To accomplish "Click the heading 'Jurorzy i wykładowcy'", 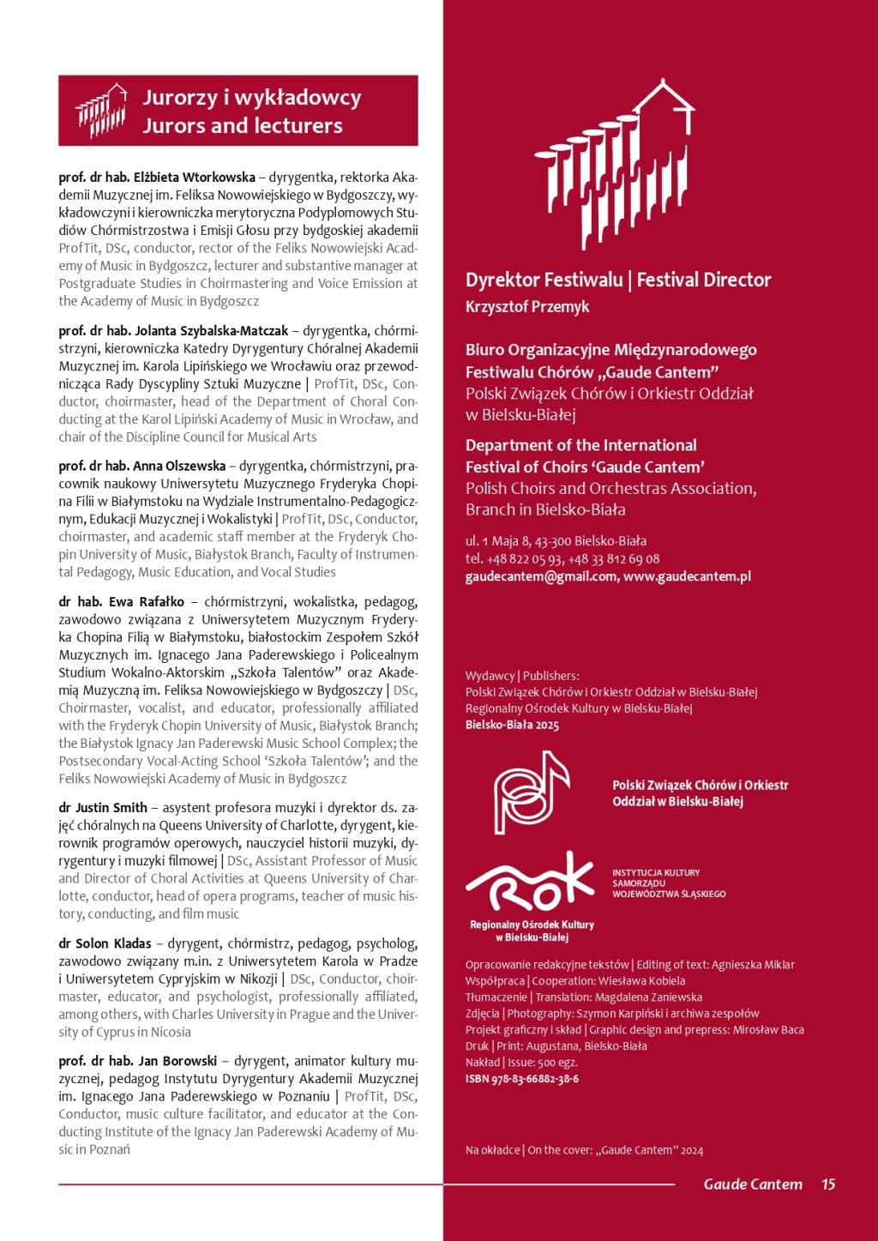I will (251, 98).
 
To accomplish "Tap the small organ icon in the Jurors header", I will (101, 109).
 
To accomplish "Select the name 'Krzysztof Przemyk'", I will (527, 306).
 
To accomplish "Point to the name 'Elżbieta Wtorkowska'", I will (195, 178).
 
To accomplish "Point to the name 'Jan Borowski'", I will (174, 1061).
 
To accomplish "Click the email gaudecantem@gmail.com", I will (540, 576).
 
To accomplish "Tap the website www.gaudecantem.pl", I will (687, 576).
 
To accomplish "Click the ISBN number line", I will (521, 1079).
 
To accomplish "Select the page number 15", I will (827, 1184).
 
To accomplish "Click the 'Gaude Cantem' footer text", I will (753, 1184).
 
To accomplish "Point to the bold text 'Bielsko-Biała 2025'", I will (512, 725).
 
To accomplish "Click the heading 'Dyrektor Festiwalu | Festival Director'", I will (618, 280).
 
